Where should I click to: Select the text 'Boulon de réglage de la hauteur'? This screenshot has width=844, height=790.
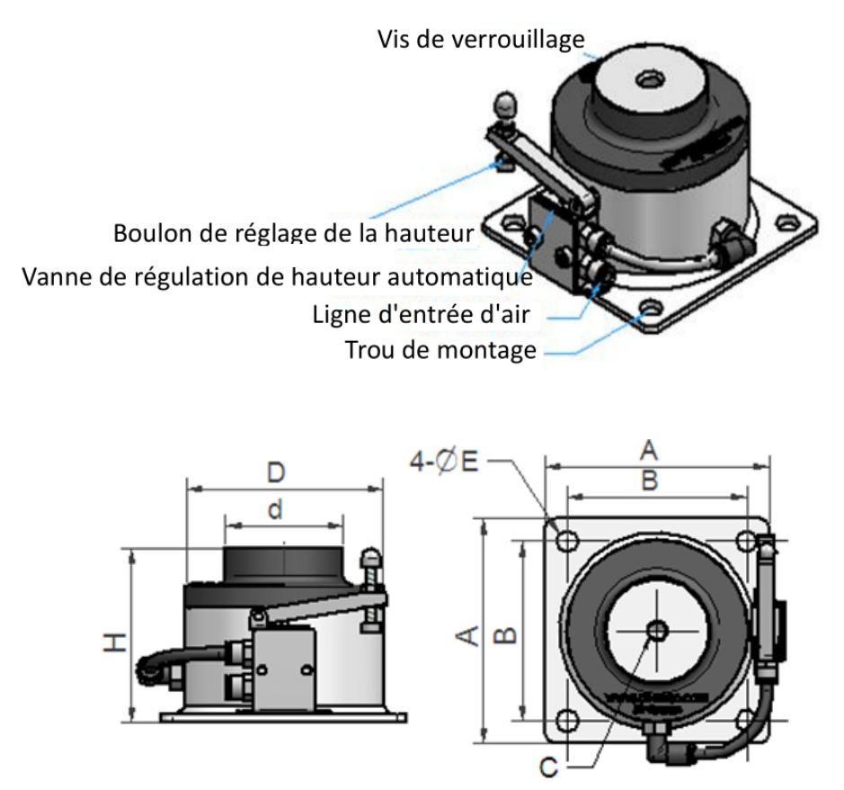pos(293,232)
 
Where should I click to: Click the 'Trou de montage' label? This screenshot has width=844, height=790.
pos(440,349)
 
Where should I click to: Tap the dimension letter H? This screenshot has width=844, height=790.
pos(115,642)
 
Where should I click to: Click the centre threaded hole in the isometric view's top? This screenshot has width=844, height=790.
pos(646,81)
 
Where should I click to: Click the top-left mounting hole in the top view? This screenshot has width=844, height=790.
pos(567,540)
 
